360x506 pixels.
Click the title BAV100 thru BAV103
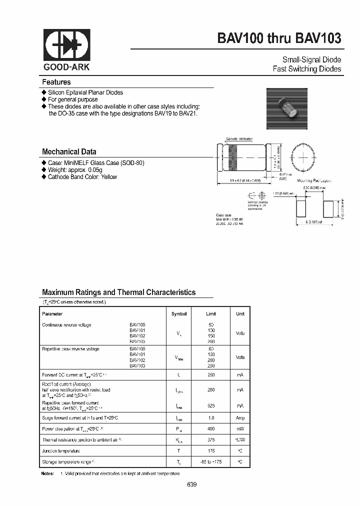pyautogui.click(x=279, y=38)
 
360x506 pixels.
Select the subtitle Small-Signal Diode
pyautogui.click(x=312, y=58)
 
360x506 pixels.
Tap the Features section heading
pyautogui.click(x=56, y=82)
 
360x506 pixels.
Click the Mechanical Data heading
pyautogui.click(x=69, y=151)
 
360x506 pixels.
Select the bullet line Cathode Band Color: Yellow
pyautogui.click(x=82, y=177)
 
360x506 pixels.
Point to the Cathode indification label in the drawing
pyautogui.click(x=239, y=138)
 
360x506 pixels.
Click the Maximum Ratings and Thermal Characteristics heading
pyautogui.click(x=118, y=292)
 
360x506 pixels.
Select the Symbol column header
pyautogui.click(x=178, y=314)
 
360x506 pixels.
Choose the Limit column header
pyautogui.click(x=211, y=314)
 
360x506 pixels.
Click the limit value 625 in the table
pyautogui.click(x=211, y=405)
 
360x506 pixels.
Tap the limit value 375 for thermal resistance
pyautogui.click(x=211, y=440)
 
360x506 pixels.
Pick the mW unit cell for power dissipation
pyautogui.click(x=240, y=429)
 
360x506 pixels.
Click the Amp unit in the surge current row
pyautogui.click(x=240, y=417)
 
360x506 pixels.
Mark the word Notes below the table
pyautogui.click(x=47, y=473)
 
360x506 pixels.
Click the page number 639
pyautogui.click(x=192, y=485)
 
